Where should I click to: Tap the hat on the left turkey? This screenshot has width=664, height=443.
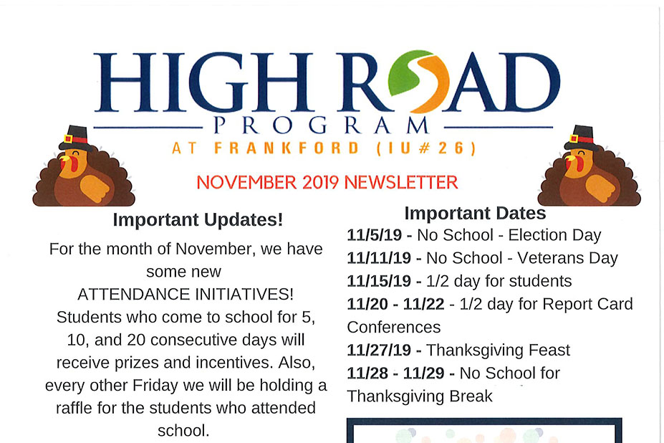pos(75,138)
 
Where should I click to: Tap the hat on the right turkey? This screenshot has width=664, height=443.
pos(581,138)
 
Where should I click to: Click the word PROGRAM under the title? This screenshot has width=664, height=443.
pos(321,125)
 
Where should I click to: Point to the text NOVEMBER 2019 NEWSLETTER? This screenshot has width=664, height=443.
pos(327,182)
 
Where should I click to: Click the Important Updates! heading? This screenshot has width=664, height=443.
pos(198,219)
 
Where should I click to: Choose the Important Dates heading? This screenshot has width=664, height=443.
pos(475,213)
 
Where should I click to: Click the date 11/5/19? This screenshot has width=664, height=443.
pos(375,235)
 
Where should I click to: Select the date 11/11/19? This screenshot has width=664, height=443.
pos(379,258)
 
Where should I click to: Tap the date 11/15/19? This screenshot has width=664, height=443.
pos(379,281)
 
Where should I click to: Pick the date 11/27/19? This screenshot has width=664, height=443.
pos(379,350)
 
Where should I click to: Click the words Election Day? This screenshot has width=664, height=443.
pos(554,235)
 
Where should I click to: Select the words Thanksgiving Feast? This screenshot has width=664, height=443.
pos(498,351)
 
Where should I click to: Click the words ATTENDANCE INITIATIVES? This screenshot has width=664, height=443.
pos(186,294)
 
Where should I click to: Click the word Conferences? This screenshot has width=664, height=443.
pos(394,328)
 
